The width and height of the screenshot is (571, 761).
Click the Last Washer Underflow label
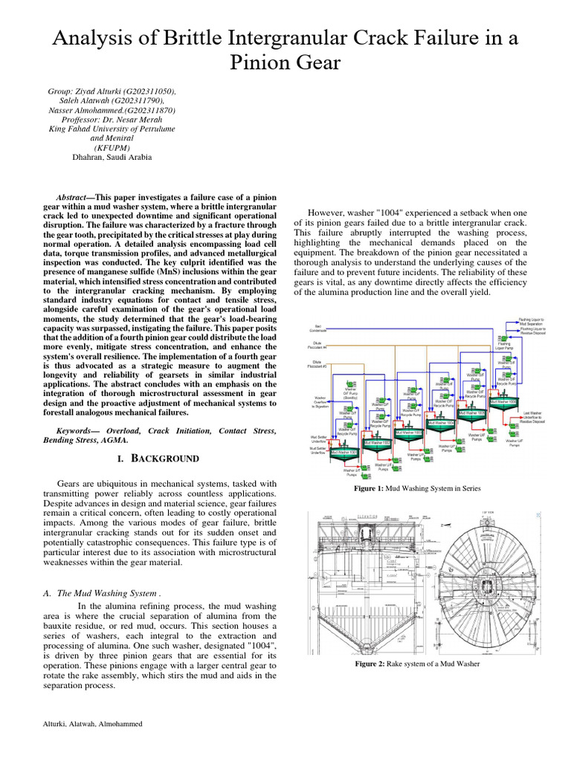[533, 418]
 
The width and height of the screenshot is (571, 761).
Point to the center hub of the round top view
[491, 579]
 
